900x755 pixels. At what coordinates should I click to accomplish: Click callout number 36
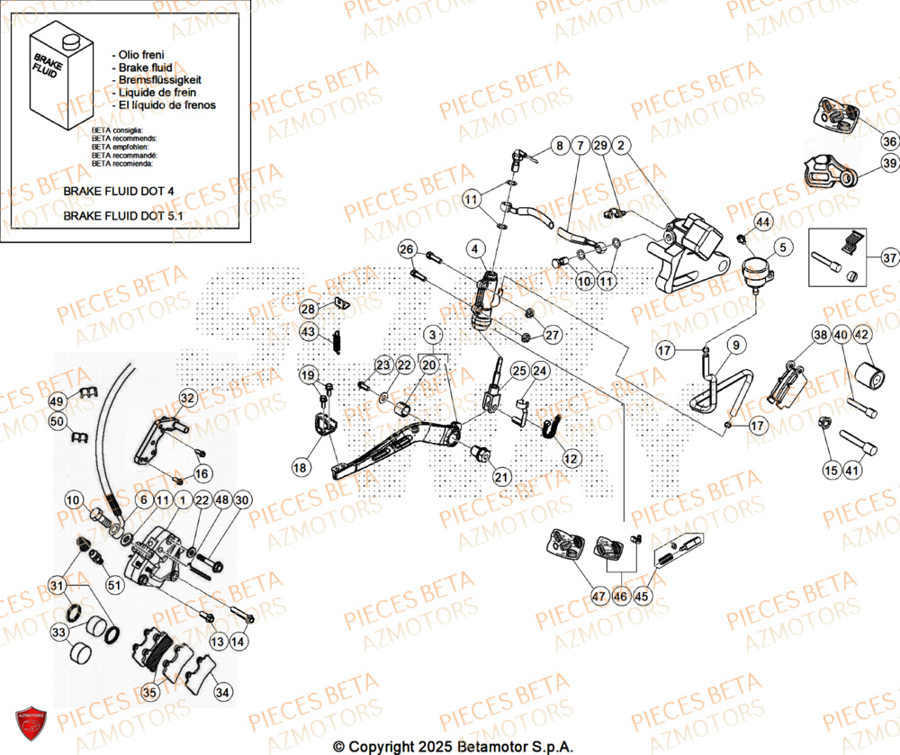point(889,141)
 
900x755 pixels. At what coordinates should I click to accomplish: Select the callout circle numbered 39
point(889,164)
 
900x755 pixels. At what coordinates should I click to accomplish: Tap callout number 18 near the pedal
point(300,467)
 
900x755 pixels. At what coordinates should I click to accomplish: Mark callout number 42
point(861,336)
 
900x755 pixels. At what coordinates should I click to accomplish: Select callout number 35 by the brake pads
point(148,692)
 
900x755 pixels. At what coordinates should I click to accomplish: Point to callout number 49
point(57,401)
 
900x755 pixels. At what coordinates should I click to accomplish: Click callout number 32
point(187,398)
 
